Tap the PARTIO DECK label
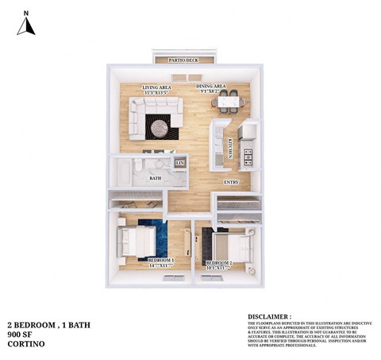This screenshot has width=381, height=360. click(184, 60)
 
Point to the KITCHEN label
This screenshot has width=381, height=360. click(230, 147)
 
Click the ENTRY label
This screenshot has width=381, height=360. click(231, 182)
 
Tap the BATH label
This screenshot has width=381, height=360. click(156, 178)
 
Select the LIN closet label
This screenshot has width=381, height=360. click(179, 164)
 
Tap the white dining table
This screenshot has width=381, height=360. click(227, 101)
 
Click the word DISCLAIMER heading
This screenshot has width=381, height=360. click(269, 316)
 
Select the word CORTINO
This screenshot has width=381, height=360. click(23, 344)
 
